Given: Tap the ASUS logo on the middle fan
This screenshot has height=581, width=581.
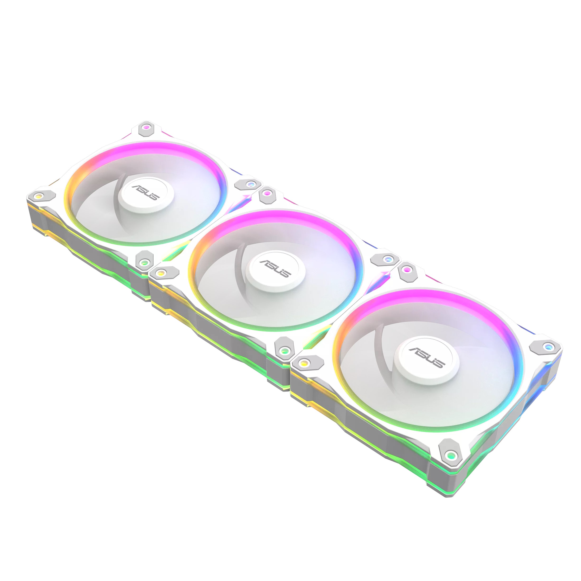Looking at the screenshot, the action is pos(275,269).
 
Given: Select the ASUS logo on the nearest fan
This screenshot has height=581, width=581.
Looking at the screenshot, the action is pos(427,358).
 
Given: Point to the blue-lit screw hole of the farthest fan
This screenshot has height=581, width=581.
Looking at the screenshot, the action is pos(250,184).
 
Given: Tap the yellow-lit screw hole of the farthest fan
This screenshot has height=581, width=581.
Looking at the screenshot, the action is pos(38,196).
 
